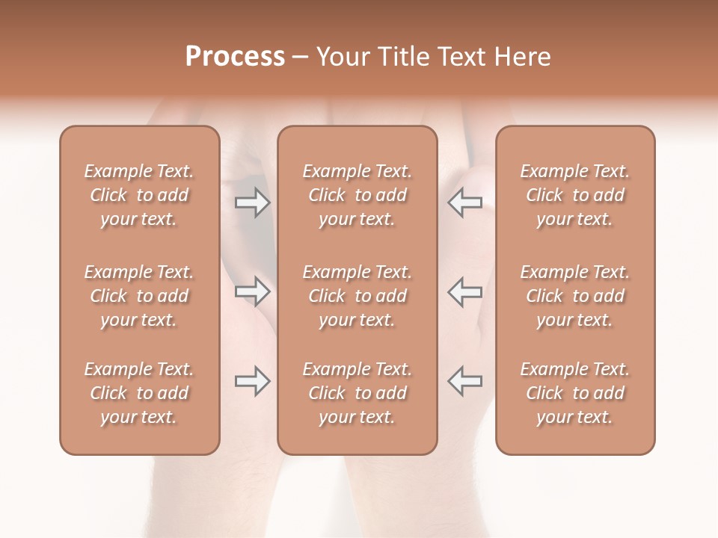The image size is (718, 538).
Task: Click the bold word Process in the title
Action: (235, 57)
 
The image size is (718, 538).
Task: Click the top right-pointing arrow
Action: (252, 202)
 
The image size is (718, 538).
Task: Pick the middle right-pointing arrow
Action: (252, 291)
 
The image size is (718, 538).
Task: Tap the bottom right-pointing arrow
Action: (252, 381)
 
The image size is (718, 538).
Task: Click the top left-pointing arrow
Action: (464, 202)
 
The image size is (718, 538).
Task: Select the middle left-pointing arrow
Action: (464, 291)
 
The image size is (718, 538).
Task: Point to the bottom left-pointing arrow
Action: (464, 381)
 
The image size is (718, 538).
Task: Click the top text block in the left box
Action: (139, 195)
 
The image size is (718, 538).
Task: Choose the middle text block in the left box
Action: (139, 296)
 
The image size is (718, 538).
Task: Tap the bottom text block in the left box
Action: (139, 393)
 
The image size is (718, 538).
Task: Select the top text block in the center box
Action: (357, 195)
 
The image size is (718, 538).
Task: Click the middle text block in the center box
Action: (357, 296)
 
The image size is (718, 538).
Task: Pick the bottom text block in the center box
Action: (357, 393)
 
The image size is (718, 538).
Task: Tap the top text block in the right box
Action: (574, 195)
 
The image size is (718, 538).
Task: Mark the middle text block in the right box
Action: (574, 296)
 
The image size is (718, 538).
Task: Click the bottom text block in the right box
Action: (574, 393)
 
